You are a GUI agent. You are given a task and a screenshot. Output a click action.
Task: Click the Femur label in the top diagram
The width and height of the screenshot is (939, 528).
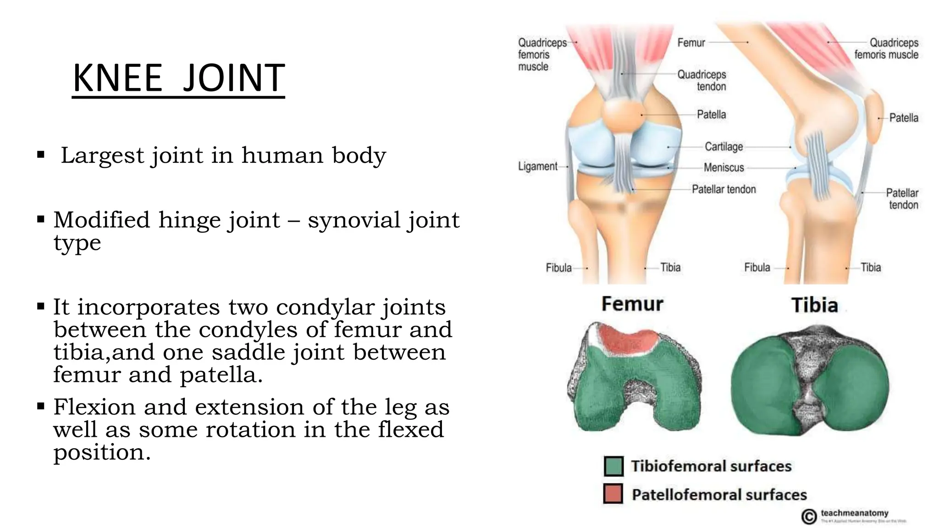pyautogui.click(x=691, y=43)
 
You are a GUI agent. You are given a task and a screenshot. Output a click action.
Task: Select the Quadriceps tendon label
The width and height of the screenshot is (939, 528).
pyautogui.click(x=702, y=80)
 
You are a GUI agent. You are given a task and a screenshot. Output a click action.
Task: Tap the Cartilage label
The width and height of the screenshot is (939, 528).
pyautogui.click(x=724, y=147)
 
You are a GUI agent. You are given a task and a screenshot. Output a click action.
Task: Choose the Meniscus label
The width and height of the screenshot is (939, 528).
pyautogui.click(x=724, y=168)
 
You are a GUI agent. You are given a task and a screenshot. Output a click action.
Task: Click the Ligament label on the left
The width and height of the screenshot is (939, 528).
pyautogui.click(x=537, y=166)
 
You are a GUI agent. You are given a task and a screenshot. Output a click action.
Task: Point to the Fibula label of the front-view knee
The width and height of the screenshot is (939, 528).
pyautogui.click(x=558, y=268)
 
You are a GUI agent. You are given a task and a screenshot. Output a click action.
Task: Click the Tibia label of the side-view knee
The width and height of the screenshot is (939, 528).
pyautogui.click(x=870, y=268)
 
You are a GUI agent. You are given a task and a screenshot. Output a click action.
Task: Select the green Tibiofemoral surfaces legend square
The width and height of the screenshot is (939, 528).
pyautogui.click(x=613, y=466)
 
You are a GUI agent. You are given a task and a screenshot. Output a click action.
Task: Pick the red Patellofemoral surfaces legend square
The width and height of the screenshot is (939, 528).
pyautogui.click(x=613, y=494)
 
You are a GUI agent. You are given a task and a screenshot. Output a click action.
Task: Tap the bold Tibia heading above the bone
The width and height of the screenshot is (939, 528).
pyautogui.click(x=814, y=305)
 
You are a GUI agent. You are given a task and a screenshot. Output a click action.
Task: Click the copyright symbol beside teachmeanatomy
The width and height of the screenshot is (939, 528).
pyautogui.click(x=809, y=517)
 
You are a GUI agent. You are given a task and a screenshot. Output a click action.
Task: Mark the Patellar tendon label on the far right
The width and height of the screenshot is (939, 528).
pyautogui.click(x=902, y=198)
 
